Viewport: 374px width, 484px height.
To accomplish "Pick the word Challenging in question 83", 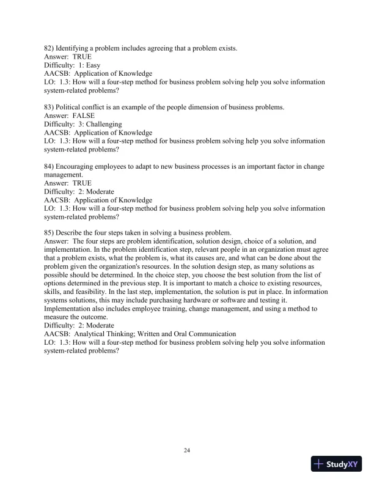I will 103,125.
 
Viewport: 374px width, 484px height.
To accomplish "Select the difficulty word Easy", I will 94,65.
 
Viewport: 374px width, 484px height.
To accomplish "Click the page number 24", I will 187,450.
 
